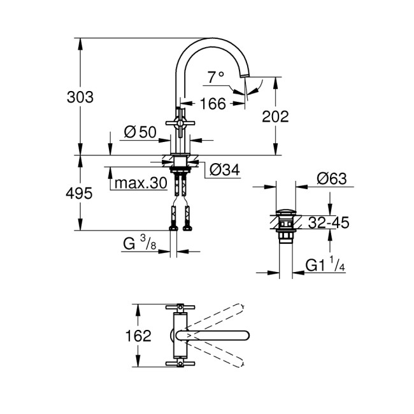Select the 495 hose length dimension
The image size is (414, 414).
click(80, 192)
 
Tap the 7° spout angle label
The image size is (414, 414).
click(216, 77)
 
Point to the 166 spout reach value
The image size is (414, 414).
click(213, 103)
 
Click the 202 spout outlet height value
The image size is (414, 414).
click(276, 117)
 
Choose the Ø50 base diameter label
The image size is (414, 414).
click(140, 132)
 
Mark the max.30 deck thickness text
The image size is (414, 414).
click(140, 183)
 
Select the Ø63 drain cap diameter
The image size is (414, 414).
click(331, 179)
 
